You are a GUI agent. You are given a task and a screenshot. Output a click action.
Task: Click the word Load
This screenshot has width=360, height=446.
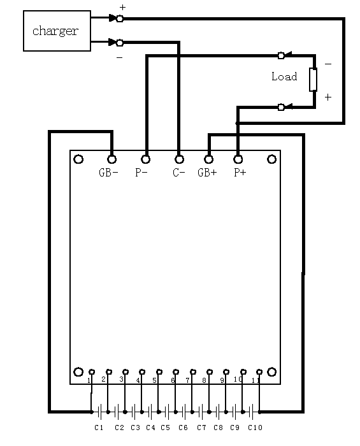(284, 76)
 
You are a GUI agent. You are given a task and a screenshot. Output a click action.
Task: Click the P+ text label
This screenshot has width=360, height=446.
(240, 173)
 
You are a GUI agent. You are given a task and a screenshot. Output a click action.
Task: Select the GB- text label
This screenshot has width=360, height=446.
(108, 173)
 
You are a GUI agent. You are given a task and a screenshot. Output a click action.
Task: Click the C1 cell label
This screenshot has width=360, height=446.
(99, 428)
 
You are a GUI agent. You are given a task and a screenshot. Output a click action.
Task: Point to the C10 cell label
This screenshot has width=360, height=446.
(255, 428)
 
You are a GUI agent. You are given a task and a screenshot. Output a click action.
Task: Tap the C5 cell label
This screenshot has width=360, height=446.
(165, 428)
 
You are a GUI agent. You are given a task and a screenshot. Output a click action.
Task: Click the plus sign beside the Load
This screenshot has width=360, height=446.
(328, 97)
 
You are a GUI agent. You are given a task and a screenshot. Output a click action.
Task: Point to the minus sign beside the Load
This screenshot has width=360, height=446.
(328, 64)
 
